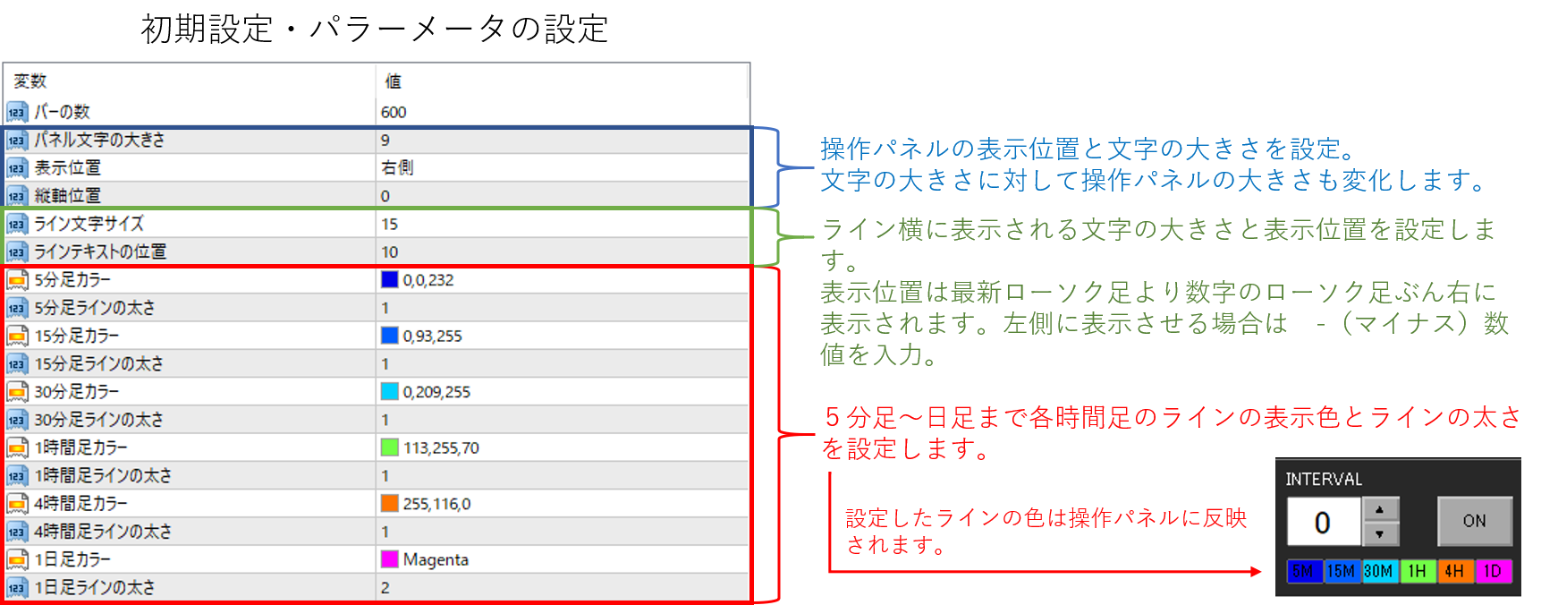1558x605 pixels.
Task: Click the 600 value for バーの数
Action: tap(394, 112)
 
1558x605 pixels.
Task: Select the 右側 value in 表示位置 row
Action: tap(397, 167)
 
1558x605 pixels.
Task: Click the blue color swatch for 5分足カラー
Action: tap(389, 279)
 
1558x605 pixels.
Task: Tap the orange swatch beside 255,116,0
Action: tap(389, 503)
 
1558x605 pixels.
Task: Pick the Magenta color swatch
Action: tap(389, 559)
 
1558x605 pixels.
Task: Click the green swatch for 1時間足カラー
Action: tap(389, 447)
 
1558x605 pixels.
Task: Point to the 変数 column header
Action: tap(30, 81)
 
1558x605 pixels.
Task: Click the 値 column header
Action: tap(394, 81)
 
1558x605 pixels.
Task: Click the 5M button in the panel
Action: tap(1303, 571)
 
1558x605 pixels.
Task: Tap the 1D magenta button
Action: tap(1492, 571)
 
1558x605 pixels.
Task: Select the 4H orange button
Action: tap(1454, 571)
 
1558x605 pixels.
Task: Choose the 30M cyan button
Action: tap(1378, 571)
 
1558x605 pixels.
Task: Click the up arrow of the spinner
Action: tap(1380, 509)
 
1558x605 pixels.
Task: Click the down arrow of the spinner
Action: tap(1380, 534)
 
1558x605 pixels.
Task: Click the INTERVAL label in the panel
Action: tap(1324, 480)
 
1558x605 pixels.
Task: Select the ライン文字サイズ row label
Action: tap(89, 224)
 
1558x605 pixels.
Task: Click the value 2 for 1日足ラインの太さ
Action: tap(385, 588)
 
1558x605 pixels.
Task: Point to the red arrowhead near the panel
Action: tap(1256, 571)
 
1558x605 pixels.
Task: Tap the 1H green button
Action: tap(1417, 571)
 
